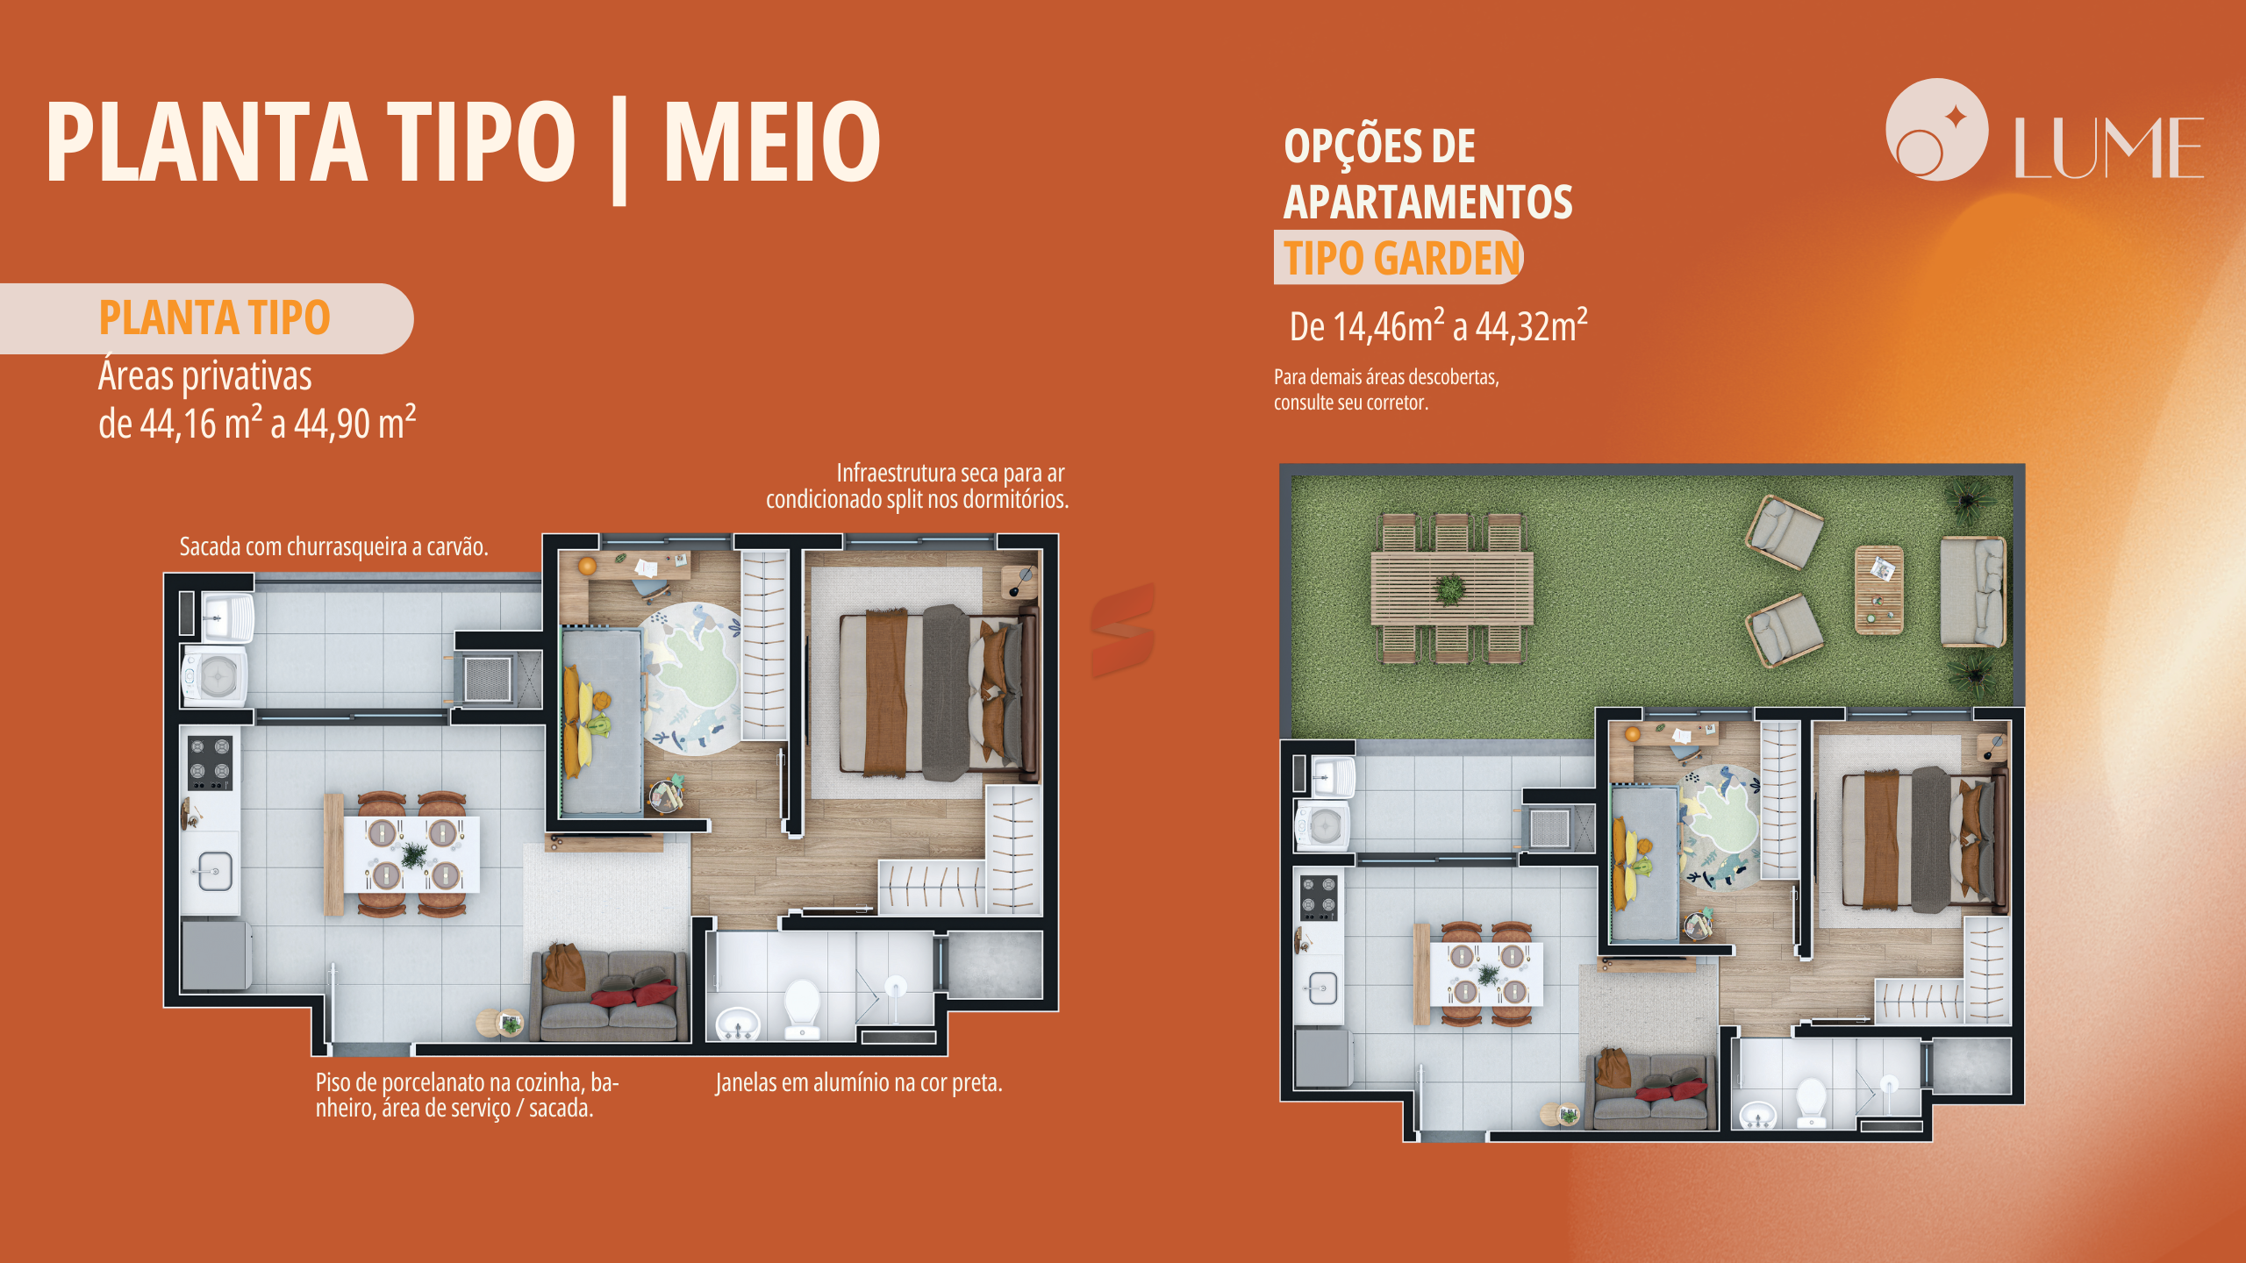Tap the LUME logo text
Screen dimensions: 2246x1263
tap(2108, 147)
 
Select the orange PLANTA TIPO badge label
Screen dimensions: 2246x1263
tap(214, 318)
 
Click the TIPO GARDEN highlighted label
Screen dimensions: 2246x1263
tap(1401, 258)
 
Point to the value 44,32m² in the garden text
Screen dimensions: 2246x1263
tap(1531, 325)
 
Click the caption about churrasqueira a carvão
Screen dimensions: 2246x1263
tap(333, 546)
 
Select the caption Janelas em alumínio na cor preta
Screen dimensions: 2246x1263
tap(858, 1082)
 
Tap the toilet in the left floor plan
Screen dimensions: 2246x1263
tap(802, 1009)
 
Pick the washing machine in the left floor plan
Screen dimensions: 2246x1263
tap(215, 676)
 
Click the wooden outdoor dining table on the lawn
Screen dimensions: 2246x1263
tap(1452, 588)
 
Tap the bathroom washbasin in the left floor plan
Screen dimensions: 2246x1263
tap(739, 1024)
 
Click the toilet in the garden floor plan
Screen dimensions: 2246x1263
tap(1811, 1102)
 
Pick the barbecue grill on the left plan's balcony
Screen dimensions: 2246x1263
tap(487, 678)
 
